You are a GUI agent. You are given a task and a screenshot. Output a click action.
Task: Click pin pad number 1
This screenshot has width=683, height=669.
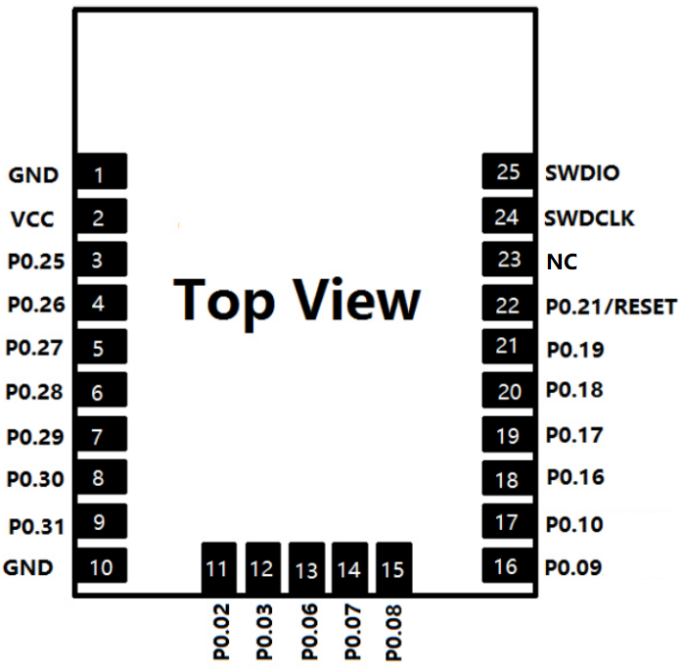(101, 175)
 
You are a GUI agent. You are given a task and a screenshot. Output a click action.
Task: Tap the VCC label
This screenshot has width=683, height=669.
(32, 219)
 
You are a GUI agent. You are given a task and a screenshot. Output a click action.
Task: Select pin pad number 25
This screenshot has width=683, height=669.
(507, 171)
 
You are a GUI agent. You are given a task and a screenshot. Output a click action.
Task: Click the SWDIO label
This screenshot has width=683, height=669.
(581, 173)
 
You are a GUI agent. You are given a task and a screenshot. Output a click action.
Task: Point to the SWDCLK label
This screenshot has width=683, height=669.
(589, 217)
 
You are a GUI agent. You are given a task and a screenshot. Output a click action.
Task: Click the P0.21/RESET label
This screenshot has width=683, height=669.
(611, 307)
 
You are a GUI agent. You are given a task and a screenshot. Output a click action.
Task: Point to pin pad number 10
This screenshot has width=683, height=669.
(101, 566)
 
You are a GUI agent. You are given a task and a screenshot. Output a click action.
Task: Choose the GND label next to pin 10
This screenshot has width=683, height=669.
(28, 566)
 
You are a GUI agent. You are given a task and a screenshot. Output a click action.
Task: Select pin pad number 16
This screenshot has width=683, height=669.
(507, 566)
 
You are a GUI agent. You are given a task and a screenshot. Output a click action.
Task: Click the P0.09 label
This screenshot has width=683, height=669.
(573, 566)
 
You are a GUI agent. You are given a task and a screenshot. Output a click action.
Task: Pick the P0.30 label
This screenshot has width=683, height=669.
(35, 480)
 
